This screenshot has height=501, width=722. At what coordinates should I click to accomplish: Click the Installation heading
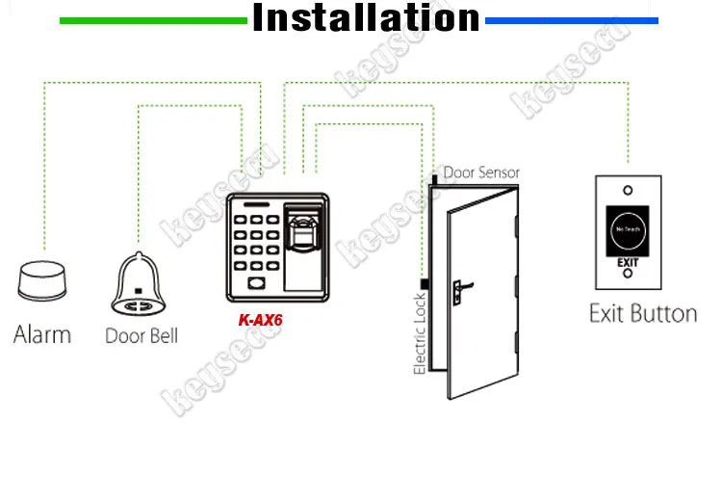coord(366,18)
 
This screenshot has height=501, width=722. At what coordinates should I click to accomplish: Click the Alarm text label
coord(41,334)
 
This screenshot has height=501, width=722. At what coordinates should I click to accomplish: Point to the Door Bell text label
coord(141,336)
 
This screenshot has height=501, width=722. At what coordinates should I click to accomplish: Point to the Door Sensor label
coord(481,172)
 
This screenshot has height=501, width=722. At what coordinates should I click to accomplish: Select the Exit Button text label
coord(642,313)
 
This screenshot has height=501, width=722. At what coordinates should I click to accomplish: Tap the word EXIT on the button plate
coord(628,261)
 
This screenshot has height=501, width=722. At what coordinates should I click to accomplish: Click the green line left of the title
coord(154,20)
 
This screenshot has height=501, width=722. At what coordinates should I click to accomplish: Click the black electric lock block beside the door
coord(423,280)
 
